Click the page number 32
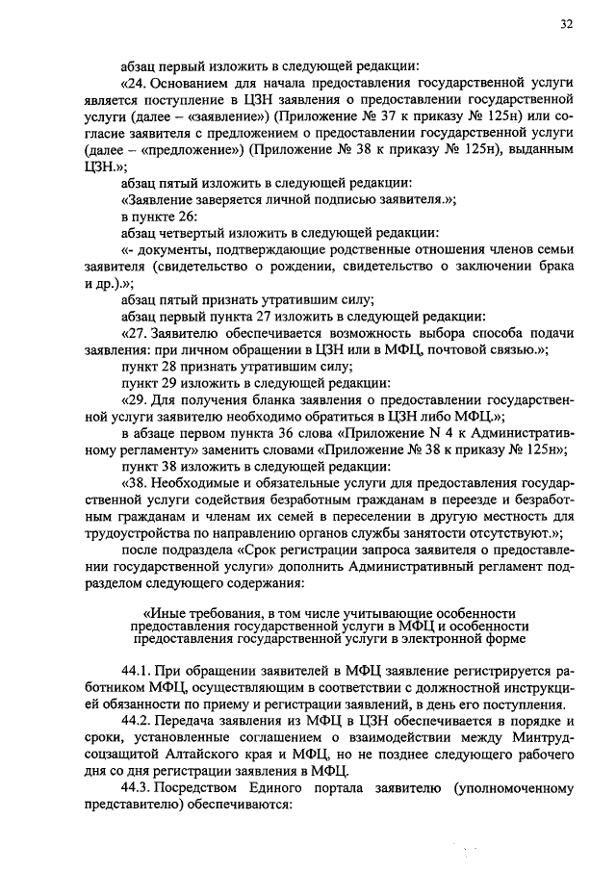pyautogui.click(x=564, y=26)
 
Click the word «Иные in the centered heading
pyautogui.click(x=165, y=612)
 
